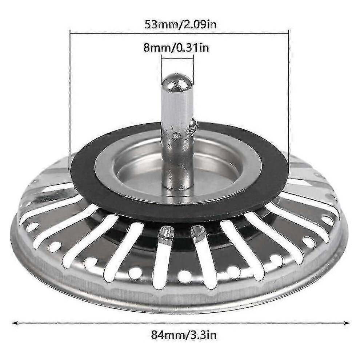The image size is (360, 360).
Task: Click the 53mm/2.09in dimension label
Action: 180,24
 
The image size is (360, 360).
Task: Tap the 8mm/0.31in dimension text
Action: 176,48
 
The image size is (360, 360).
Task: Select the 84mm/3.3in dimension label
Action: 184,335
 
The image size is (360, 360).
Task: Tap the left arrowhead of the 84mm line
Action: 16,323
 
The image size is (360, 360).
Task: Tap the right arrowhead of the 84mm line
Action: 346,323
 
